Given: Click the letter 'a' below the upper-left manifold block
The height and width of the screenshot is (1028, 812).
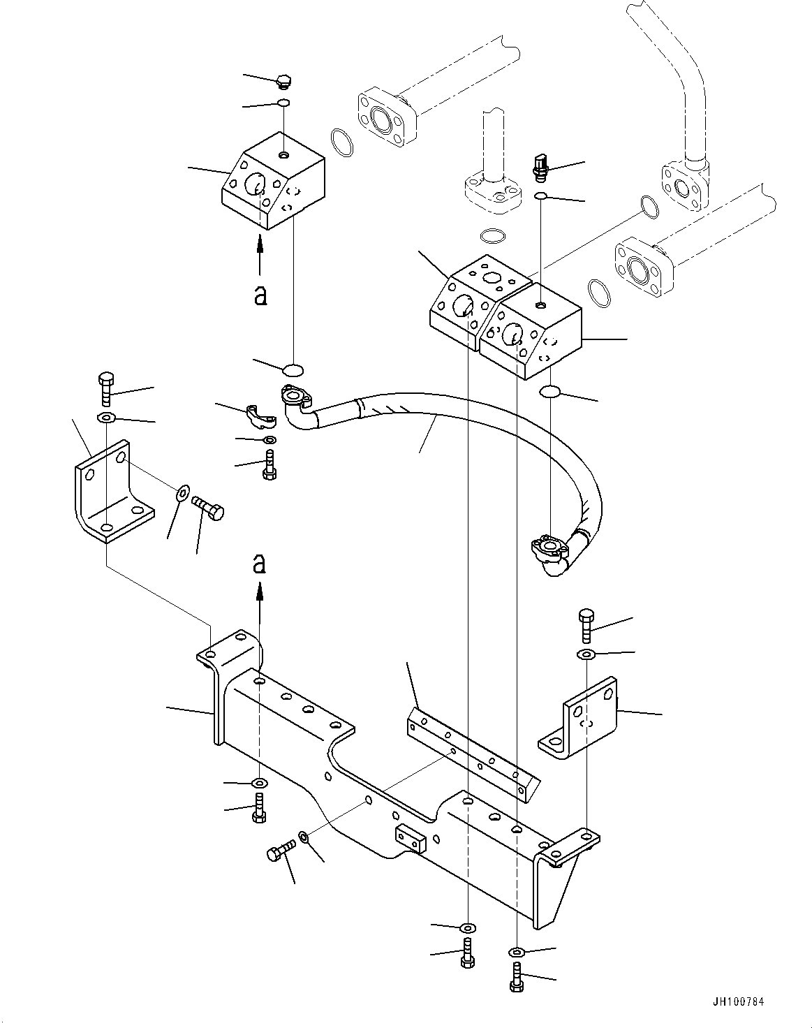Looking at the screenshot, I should click(260, 295).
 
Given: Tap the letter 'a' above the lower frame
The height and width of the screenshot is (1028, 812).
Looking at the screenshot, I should click(260, 563).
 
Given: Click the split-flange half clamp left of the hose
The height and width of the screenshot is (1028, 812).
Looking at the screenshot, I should click(261, 416).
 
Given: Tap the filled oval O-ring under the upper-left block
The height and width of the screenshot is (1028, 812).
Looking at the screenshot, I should click(293, 368).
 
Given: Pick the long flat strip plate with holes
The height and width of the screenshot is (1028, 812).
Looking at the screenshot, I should click(471, 754).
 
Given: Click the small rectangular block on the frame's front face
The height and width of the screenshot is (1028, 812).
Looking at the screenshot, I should click(410, 838).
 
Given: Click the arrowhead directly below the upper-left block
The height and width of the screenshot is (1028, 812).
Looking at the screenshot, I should click(260, 242).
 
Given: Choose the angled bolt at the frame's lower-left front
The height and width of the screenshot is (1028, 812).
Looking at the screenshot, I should click(279, 853).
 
